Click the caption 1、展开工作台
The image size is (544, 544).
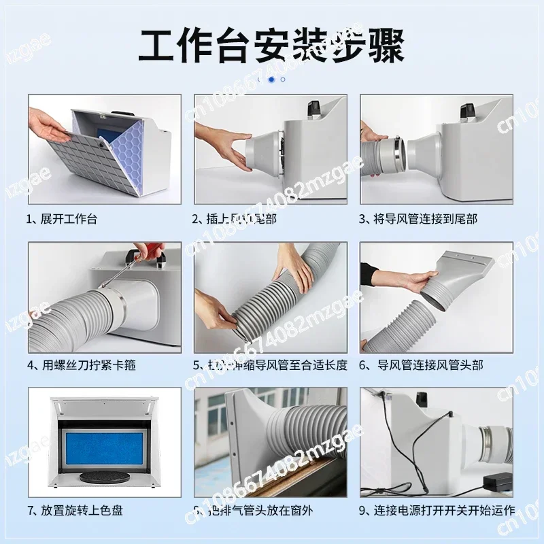click(63, 219)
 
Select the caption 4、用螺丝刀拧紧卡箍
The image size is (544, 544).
click(82, 365)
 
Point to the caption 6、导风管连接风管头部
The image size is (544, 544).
click(422, 365)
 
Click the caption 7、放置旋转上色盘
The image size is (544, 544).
click(75, 510)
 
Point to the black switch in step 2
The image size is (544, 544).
click(313, 107)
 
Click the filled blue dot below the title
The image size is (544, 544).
click(271, 79)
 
